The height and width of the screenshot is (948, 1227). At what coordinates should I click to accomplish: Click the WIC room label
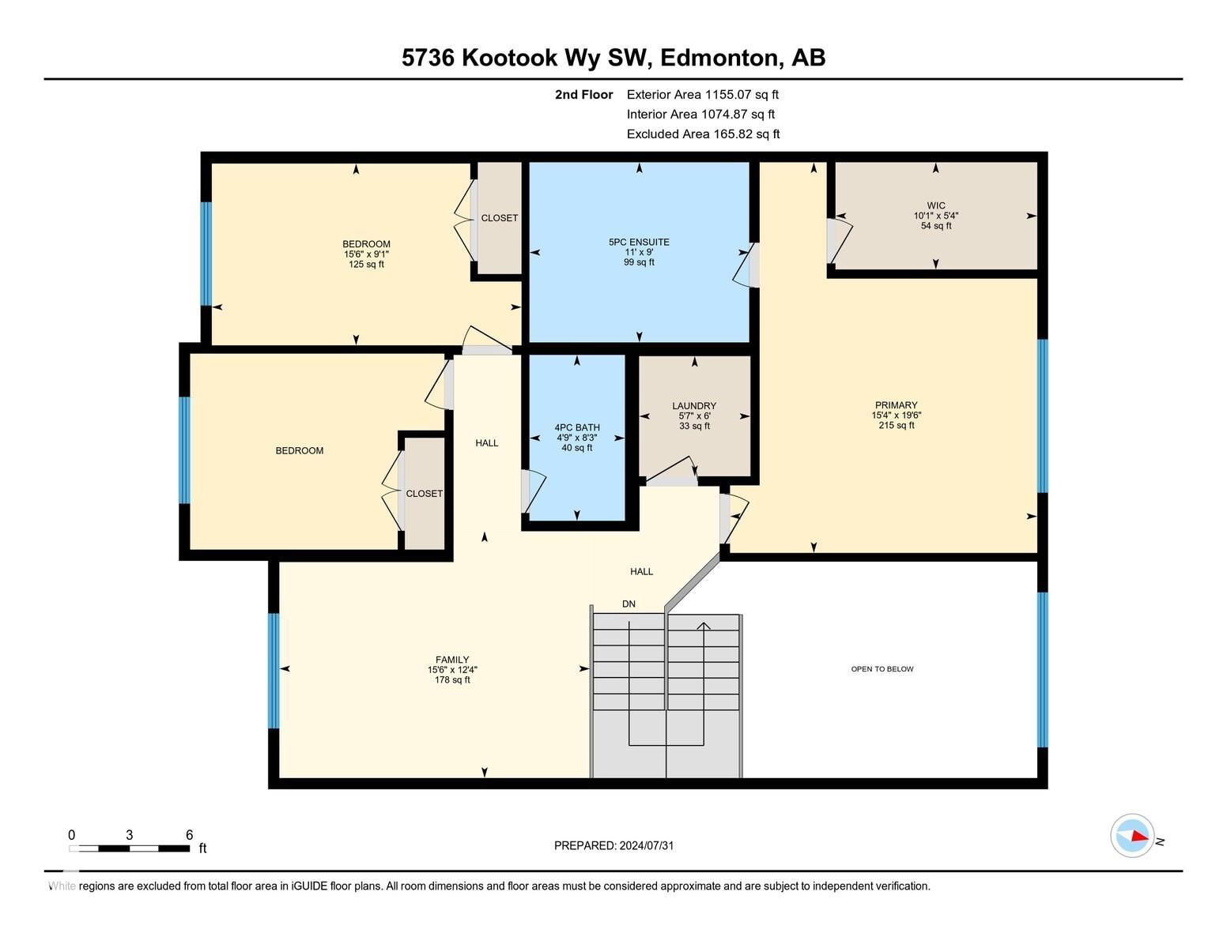(935, 206)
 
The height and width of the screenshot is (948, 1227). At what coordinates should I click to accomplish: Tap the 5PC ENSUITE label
(639, 242)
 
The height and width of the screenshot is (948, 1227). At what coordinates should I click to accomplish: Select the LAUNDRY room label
(694, 406)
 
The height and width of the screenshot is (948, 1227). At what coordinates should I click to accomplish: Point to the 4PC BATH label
(576, 428)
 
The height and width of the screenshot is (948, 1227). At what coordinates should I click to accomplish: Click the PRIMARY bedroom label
(896, 405)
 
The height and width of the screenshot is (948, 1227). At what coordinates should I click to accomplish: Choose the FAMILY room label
(451, 660)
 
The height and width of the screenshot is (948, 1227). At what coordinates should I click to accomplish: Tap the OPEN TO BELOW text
(882, 669)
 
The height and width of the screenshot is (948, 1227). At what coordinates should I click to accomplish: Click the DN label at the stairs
(629, 604)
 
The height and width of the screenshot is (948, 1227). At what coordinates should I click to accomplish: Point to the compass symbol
(1131, 836)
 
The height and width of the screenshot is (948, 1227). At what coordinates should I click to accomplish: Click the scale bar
(130, 848)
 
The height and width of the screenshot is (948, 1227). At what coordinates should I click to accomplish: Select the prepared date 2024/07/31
(646, 846)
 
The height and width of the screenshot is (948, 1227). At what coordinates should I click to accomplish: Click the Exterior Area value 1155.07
(728, 95)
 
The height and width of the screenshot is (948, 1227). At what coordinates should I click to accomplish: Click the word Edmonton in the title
(719, 58)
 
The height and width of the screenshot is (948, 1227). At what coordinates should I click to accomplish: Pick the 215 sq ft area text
(896, 425)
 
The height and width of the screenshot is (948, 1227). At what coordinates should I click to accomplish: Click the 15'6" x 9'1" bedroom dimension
(367, 254)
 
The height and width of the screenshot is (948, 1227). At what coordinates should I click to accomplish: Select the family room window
(274, 671)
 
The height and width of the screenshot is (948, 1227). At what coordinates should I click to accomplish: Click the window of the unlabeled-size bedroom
(185, 450)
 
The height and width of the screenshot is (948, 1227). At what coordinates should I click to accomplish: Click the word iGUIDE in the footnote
(309, 886)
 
